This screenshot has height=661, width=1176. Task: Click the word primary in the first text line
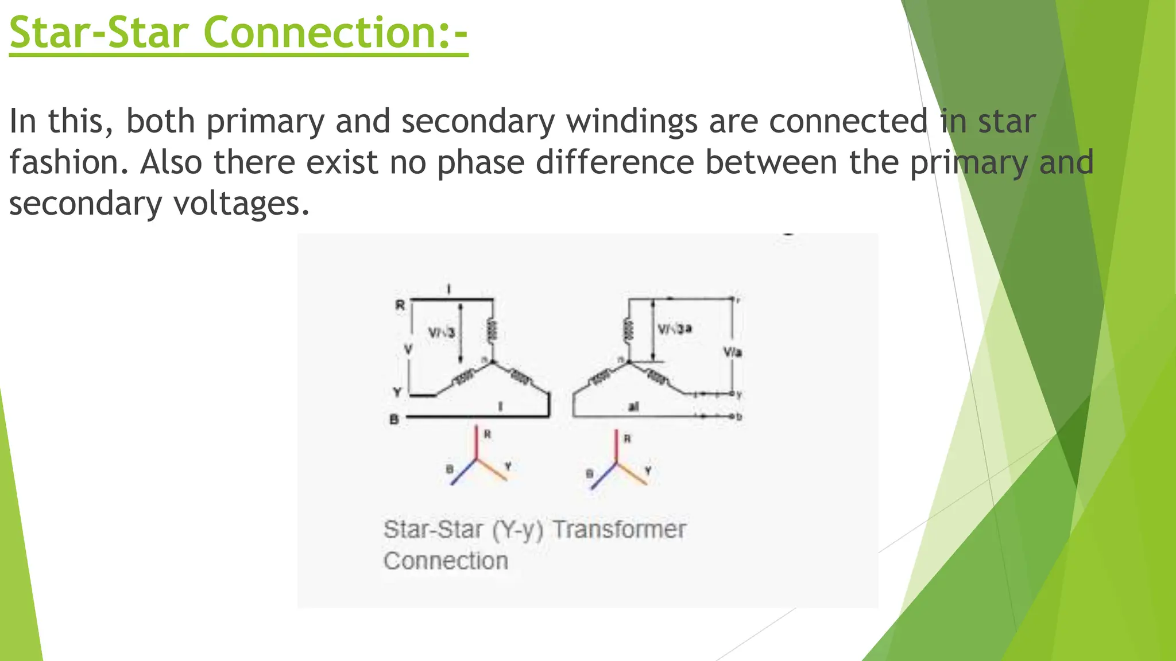pos(265,122)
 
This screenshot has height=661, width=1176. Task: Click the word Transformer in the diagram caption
pos(619,530)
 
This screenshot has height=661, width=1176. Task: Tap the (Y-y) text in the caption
pos(517,530)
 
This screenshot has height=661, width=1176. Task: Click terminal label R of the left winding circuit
pos(400,305)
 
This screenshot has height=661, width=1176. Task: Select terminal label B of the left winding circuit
pos(394,420)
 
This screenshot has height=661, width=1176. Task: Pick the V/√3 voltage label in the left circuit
pos(442,333)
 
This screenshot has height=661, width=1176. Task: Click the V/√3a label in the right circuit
pos(674,329)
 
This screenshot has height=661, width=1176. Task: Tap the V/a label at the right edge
pos(732,352)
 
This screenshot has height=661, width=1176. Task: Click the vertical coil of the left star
pos(492,331)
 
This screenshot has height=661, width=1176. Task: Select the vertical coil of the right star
pos(628,331)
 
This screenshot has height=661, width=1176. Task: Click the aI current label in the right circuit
pos(633,407)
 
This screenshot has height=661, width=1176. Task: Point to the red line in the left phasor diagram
pos(476,442)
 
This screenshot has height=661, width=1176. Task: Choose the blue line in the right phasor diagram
pos(603,476)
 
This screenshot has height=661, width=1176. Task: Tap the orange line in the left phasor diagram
pos(492,470)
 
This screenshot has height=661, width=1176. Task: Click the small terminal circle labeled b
pos(732,416)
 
